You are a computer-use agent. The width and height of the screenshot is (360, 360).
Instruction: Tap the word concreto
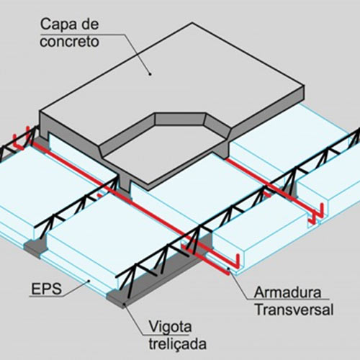tap(69, 42)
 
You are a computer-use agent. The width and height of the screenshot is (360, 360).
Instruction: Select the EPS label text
tap(47, 289)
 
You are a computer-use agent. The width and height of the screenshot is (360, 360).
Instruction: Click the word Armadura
tap(287, 292)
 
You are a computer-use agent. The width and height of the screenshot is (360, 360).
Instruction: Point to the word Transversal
tap(294, 310)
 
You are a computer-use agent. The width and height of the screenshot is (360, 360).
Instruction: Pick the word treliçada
tap(178, 343)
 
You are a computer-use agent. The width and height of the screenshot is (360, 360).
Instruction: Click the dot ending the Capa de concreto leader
tap(150, 74)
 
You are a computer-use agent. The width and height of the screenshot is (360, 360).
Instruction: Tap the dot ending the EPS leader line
tap(89, 281)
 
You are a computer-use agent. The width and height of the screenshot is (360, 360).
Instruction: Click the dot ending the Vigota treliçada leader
tap(125, 305)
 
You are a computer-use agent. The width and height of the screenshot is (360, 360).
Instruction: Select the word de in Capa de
tap(90, 24)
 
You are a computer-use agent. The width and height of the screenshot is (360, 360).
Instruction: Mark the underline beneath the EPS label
tap(47, 297)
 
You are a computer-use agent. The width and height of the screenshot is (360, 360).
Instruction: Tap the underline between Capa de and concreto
tap(82, 35)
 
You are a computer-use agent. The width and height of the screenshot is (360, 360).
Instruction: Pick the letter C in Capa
tap(45, 24)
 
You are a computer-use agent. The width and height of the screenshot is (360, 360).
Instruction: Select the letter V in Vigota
tap(153, 326)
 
